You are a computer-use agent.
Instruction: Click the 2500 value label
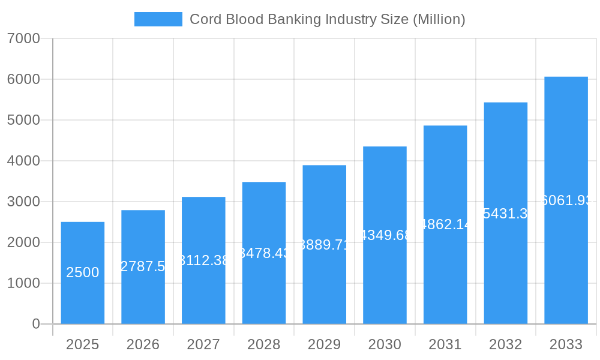coord(83,272)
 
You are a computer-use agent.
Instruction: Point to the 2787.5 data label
coord(143,266)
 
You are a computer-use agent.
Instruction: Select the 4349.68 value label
coord(385,235)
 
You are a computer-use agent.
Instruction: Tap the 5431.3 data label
coord(505,214)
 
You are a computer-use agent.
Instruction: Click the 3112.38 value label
coord(204,260)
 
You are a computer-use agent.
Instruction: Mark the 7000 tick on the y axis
coord(23,38)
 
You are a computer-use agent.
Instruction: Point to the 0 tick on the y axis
coord(35,324)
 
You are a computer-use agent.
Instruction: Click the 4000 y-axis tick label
coord(23,161)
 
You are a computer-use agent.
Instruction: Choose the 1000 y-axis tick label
coord(23,283)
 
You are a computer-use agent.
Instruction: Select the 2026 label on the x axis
coord(143,344)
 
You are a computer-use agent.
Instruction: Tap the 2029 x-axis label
coord(324,344)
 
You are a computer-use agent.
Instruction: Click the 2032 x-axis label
coord(505,344)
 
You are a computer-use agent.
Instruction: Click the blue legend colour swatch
coord(158,19)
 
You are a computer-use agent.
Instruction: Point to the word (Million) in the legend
coord(439,19)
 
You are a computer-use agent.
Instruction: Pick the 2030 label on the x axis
coord(385,344)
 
